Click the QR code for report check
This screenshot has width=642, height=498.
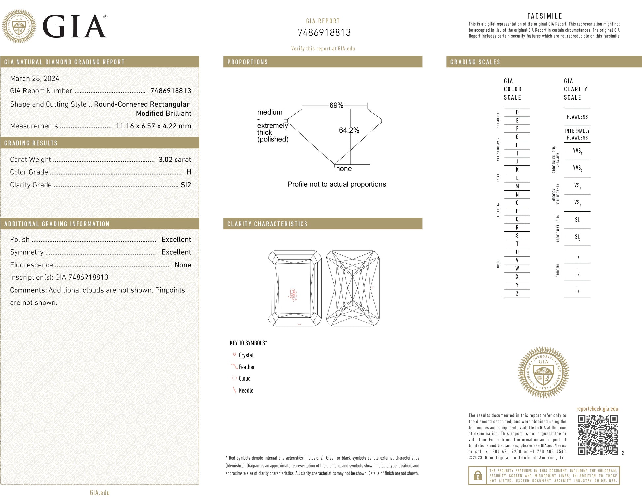pyautogui.click(x=597, y=435)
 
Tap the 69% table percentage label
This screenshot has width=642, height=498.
pyautogui.click(x=336, y=105)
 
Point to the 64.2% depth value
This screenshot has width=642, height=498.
pyautogui.click(x=349, y=130)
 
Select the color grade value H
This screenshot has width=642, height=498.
pyautogui.click(x=189, y=172)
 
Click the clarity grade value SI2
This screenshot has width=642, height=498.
pyautogui.click(x=186, y=185)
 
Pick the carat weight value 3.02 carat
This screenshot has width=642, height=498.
pyautogui.click(x=175, y=160)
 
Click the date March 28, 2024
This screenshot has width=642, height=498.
pyautogui.click(x=35, y=78)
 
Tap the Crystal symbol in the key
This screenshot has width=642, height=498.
pyautogui.click(x=234, y=355)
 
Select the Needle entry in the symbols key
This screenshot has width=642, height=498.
pyautogui.click(x=246, y=390)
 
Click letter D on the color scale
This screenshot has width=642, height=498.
pyautogui.click(x=517, y=112)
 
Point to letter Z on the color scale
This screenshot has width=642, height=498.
pyautogui.click(x=517, y=293)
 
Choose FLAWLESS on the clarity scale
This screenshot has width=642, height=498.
pyautogui.click(x=577, y=117)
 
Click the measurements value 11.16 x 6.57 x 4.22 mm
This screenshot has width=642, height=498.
pyautogui.click(x=153, y=126)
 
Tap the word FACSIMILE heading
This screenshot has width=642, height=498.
pyautogui.click(x=544, y=16)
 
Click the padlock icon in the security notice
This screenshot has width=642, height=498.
pyautogui.click(x=477, y=476)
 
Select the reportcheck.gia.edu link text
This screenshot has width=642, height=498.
pyautogui.click(x=597, y=409)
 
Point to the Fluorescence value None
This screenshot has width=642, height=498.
pyautogui.click(x=183, y=265)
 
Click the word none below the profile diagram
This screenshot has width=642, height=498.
pyautogui.click(x=344, y=169)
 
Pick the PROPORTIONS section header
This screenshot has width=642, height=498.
pyautogui.click(x=247, y=62)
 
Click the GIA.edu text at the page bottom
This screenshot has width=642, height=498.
pyautogui.click(x=100, y=492)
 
